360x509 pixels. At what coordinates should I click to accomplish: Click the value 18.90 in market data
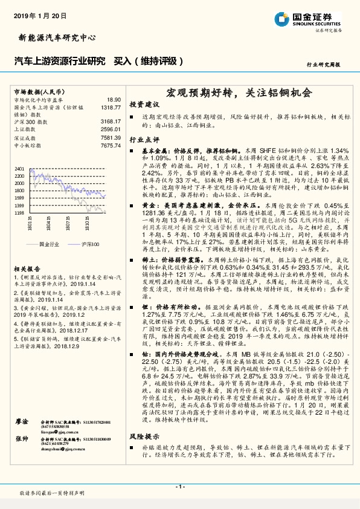(x=114, y=99)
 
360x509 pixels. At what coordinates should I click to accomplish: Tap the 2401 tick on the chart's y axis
(x=19, y=169)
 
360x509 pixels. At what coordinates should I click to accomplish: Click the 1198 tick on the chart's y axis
(x=19, y=213)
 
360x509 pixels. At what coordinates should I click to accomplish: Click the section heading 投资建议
(x=145, y=104)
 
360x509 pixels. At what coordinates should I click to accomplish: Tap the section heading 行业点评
(x=145, y=140)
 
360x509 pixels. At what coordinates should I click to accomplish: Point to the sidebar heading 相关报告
(x=28, y=268)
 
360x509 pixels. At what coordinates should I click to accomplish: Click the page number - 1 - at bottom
(x=180, y=487)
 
